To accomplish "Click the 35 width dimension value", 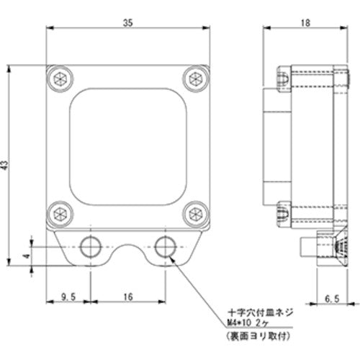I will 127,23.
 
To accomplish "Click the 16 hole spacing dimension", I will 127,297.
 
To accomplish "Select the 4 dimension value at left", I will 24,256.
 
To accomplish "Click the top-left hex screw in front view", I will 58,78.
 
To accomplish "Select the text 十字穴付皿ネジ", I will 256,313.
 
